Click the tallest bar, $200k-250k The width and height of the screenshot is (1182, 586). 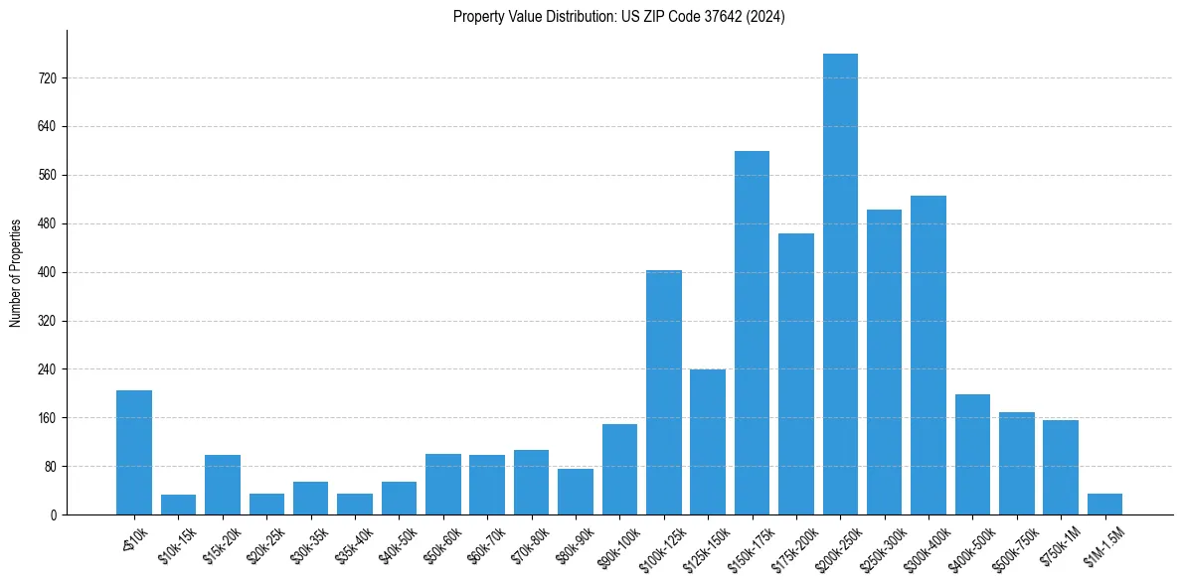tap(840, 284)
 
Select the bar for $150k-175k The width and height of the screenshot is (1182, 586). tap(752, 333)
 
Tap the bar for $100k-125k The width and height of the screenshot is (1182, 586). tap(664, 392)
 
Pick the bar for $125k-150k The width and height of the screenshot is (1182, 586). tap(708, 442)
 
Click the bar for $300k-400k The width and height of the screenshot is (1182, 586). tap(929, 356)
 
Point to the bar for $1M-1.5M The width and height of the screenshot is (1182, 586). tap(1104, 505)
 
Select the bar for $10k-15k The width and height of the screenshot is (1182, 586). tap(179, 505)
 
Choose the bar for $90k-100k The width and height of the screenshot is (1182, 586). tap(619, 470)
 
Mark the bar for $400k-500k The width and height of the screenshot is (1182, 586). tap(972, 455)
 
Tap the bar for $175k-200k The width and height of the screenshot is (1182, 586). tap(796, 374)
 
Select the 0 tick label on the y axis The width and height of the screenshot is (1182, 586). tap(54, 515)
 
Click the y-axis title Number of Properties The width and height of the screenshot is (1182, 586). tap(16, 273)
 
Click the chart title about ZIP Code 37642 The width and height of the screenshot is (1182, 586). tap(619, 17)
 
